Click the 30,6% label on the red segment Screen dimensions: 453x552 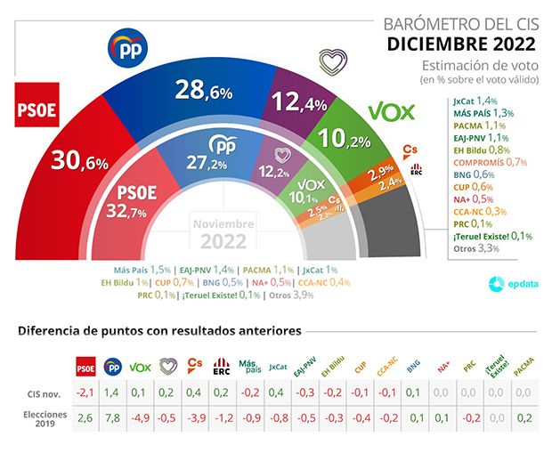tap(79, 162)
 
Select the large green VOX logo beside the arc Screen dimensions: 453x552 tap(394, 112)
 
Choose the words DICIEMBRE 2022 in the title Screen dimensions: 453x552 tap(461, 44)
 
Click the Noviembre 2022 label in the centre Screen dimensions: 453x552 tap(224, 234)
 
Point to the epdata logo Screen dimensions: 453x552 tap(513, 283)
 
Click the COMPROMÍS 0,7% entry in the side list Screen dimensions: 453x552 tap(490, 162)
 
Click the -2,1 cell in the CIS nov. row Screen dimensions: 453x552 tap(85, 392)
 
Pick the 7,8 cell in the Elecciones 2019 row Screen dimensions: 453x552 tap(113, 417)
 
